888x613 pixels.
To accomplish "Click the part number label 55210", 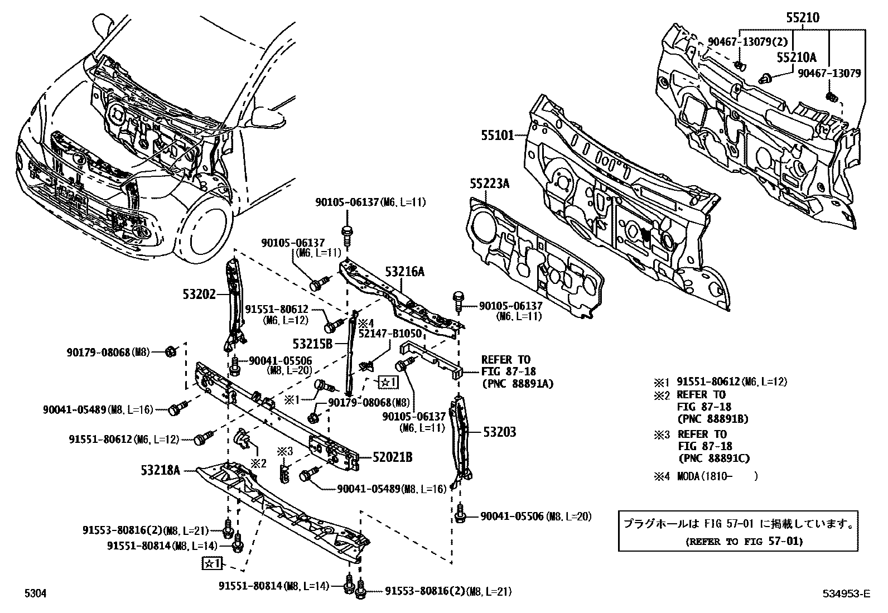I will [803, 18].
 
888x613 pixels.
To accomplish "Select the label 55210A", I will [797, 57].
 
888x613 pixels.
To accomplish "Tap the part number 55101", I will [498, 135].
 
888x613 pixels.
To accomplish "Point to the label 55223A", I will [489, 184].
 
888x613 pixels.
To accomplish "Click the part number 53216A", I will [405, 272].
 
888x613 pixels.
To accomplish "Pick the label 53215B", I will [312, 344].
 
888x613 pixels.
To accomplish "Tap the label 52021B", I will [393, 457].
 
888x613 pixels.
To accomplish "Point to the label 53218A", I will [161, 470].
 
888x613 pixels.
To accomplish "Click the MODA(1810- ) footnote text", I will [717, 476].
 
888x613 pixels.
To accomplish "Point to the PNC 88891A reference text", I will [518, 383].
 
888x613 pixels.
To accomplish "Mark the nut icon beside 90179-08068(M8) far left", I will [171, 351].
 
